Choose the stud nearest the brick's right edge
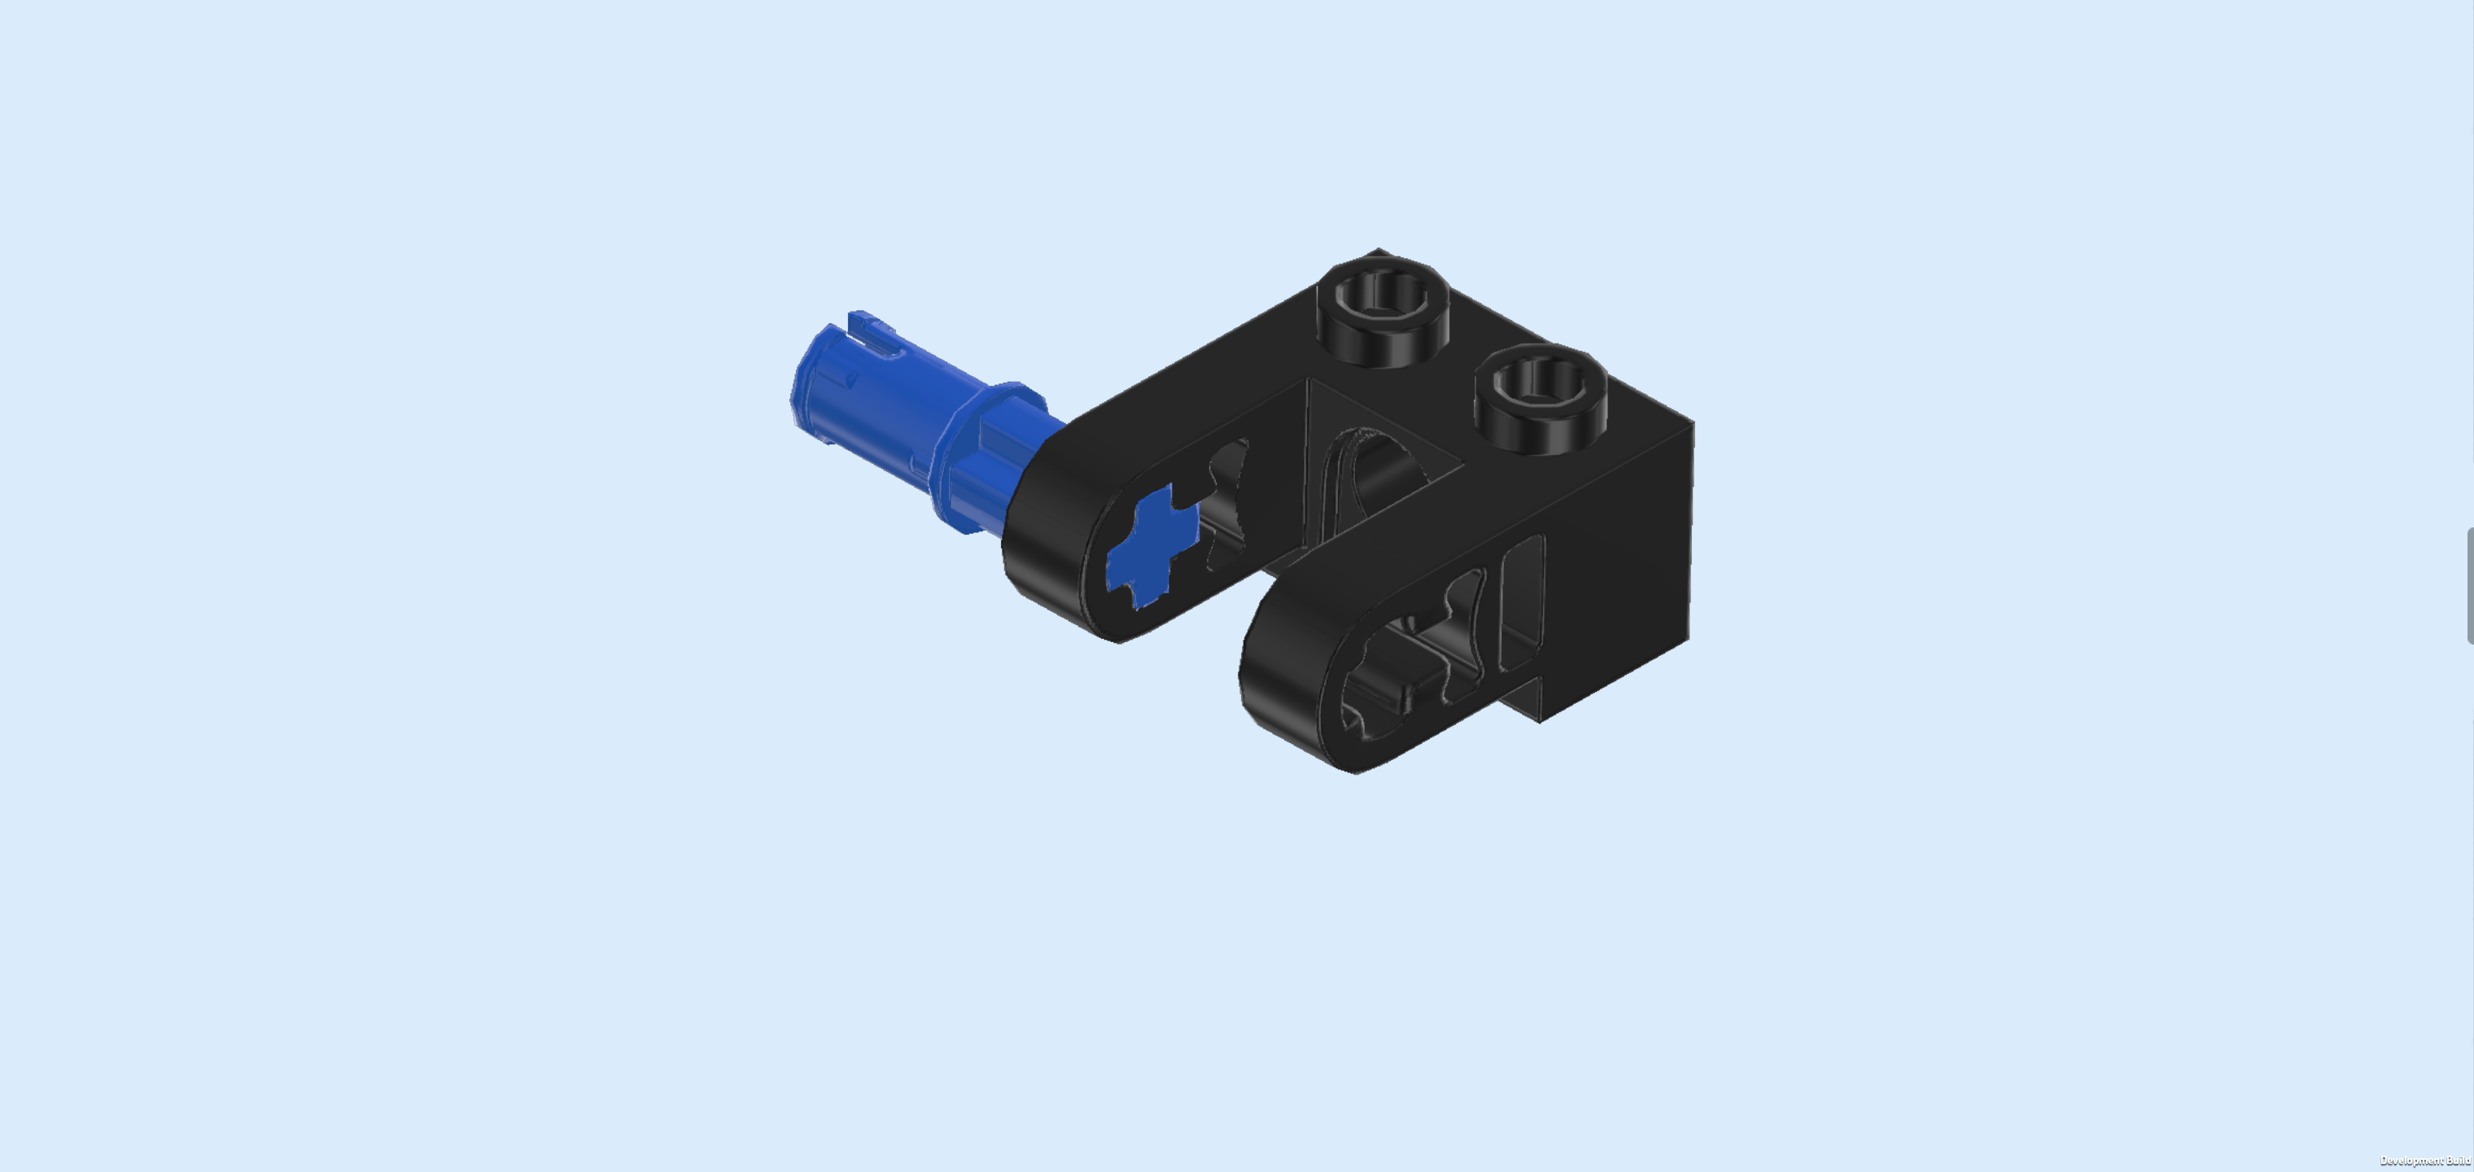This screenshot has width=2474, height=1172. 1541,398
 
